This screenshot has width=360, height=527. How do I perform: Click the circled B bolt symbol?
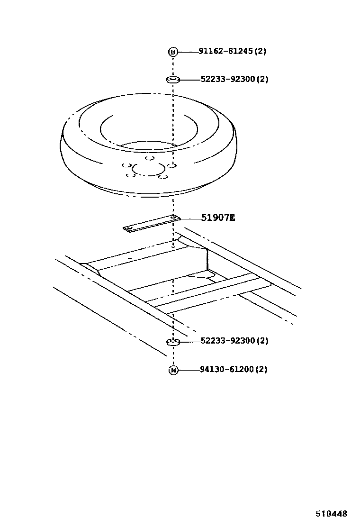point(172,52)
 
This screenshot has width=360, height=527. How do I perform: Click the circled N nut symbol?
point(173,371)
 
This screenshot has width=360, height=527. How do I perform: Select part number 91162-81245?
point(225,51)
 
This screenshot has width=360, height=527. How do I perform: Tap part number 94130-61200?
point(227,369)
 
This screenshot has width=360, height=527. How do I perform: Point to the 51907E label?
point(218,218)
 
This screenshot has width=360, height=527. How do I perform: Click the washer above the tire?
point(173,80)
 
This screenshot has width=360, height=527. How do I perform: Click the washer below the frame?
point(173,342)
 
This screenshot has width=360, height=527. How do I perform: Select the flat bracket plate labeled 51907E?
point(152,224)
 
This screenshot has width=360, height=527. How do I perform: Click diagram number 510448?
point(331,514)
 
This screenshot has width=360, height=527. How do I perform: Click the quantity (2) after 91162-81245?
point(260,51)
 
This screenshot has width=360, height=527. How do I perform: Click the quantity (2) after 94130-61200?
point(261,369)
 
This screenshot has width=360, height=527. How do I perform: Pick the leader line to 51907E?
point(190,218)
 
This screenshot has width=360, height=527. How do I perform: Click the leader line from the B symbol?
point(188,52)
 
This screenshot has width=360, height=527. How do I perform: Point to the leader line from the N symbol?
point(189,370)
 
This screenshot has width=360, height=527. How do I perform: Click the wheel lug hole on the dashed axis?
point(172,165)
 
